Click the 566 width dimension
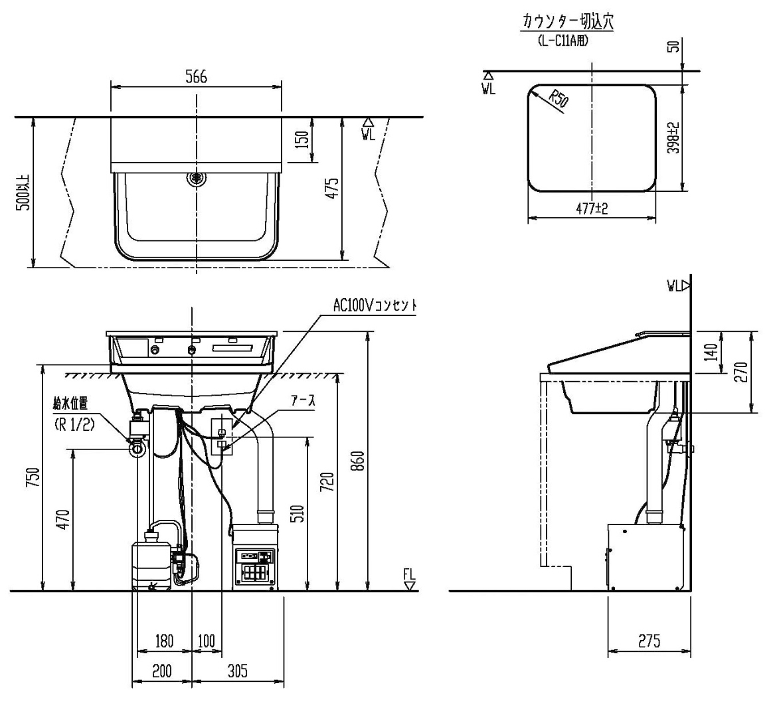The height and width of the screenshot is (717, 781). pos(196,77)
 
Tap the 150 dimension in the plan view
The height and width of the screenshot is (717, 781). pos(302,140)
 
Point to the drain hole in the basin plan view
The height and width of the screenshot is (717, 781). pos(197,177)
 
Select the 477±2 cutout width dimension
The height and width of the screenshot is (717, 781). pos(592,208)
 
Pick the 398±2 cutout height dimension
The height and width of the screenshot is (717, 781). pos(672,137)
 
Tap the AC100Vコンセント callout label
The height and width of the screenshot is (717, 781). pos(375,305)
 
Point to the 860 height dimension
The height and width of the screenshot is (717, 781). pos(357,460)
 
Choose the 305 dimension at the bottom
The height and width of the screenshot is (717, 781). pos(237,671)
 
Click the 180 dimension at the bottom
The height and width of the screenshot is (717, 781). pos(164,641)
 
